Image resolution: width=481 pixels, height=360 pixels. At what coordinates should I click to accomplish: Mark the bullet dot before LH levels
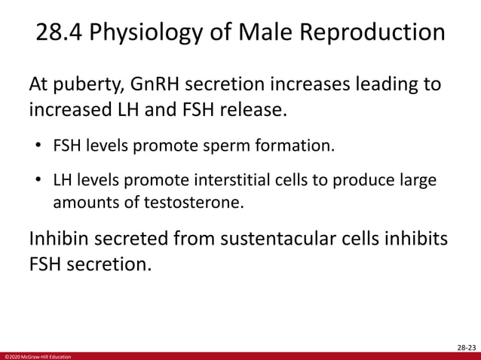pos(36,181)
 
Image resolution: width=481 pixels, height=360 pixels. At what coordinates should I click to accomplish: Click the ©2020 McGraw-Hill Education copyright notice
pos(37,355)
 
